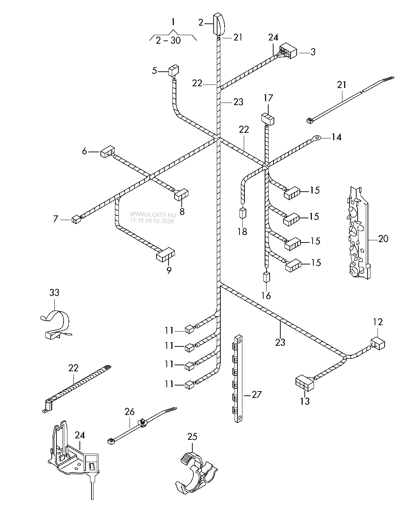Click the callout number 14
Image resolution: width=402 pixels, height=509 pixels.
pos(336,137)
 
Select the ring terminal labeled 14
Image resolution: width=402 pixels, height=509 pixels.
pos(316,137)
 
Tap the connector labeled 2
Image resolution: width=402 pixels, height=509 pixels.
pos(219,24)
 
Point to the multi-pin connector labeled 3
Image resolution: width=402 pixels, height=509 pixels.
pos(288,51)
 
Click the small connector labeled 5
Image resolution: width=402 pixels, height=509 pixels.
pos(174,71)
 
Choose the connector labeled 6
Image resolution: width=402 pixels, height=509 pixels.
pos(108,152)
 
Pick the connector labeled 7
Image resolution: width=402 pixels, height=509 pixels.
pos(76,219)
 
